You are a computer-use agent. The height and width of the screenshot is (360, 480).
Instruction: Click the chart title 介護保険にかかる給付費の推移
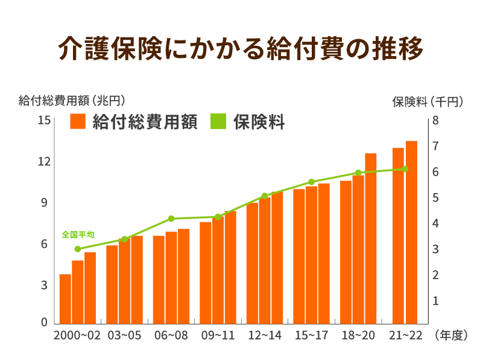(240, 49)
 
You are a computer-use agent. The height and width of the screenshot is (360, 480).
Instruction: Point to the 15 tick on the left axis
(43, 121)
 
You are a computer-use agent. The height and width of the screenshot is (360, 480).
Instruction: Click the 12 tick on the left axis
(43, 162)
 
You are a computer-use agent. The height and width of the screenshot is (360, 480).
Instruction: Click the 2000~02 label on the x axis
(77, 336)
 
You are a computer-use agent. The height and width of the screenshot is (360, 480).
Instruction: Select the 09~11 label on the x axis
(218, 336)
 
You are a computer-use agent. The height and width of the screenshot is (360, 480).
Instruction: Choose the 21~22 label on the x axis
(405, 336)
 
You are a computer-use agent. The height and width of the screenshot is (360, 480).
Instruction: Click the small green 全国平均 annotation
(78, 235)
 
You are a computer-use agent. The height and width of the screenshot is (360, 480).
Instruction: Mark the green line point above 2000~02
(78, 248)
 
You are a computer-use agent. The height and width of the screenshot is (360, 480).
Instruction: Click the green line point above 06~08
(171, 218)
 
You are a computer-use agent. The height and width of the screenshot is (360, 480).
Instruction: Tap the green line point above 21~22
(405, 169)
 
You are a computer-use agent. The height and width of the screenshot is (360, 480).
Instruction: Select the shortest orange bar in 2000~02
(65, 299)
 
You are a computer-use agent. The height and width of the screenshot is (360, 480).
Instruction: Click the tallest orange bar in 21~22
(411, 232)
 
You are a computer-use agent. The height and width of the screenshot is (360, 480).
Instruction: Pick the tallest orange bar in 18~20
(370, 238)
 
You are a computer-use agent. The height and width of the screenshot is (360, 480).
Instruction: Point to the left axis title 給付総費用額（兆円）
(71, 100)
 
